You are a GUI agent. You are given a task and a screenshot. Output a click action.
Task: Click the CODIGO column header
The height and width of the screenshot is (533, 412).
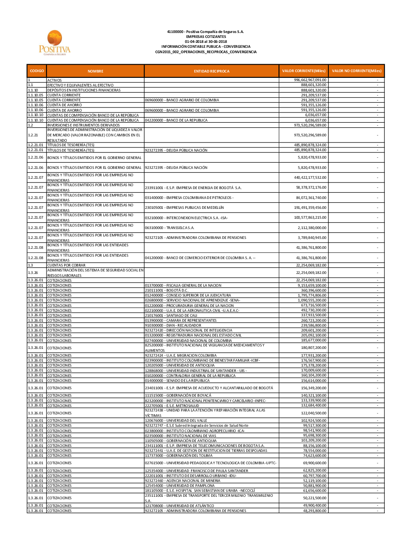[37, 71]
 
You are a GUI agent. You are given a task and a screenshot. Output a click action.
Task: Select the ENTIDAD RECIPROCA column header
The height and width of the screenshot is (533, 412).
[211, 71]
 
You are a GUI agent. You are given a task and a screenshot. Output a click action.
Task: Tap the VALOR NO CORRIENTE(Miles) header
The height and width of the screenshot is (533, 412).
[356, 71]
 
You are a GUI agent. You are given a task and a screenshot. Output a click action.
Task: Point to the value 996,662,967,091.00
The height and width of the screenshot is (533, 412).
[310, 80]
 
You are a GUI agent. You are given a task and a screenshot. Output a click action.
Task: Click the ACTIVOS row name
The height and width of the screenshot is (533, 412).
[54, 80]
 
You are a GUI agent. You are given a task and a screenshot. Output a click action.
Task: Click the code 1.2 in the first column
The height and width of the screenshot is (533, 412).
[30, 125]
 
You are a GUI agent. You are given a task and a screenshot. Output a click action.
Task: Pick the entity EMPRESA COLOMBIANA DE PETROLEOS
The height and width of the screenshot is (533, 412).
[189, 198]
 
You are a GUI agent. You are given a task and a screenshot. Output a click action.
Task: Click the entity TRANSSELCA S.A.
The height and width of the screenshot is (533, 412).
[169, 228]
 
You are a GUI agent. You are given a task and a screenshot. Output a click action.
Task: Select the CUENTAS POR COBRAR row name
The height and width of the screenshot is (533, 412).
[66, 265]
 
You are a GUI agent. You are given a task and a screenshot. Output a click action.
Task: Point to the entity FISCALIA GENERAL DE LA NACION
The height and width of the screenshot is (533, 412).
[183, 285]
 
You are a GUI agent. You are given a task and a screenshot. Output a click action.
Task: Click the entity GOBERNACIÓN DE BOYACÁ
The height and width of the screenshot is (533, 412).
[178, 395]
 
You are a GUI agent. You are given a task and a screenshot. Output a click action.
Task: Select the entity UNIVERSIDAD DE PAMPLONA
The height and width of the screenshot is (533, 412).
[180, 486]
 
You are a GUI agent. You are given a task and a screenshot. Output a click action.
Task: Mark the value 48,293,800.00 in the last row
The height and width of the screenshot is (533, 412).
[314, 511]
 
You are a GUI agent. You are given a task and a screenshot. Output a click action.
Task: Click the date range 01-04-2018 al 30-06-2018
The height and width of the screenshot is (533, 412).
[206, 42]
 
